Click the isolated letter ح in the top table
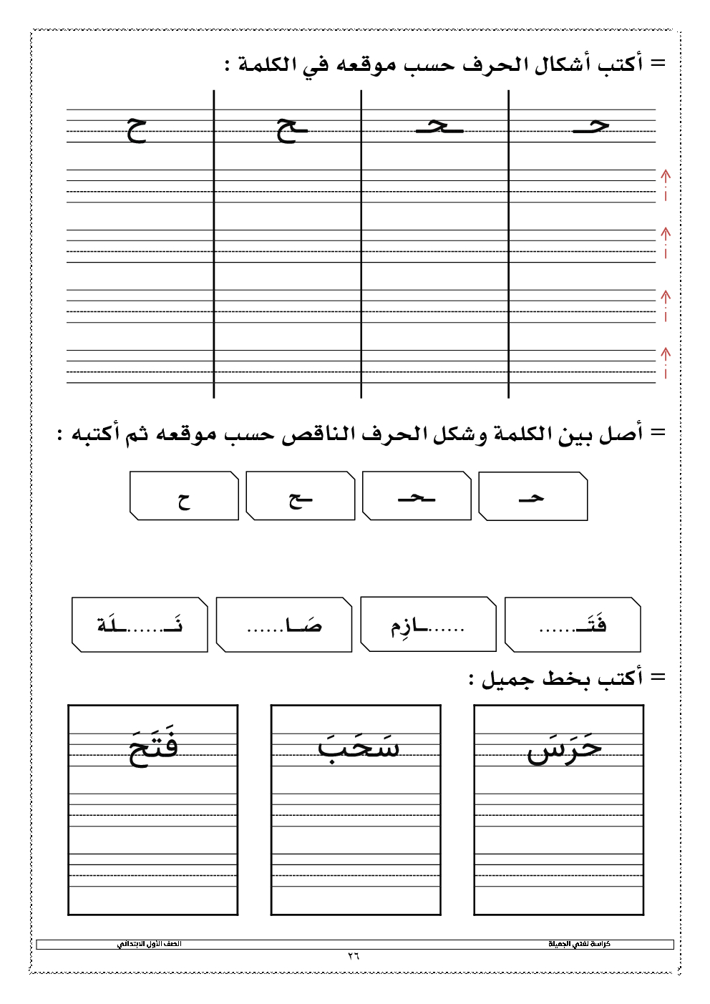coord(137,130)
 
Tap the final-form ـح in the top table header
coord(292,130)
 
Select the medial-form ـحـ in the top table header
coord(439,127)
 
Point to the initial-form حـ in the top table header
coord(591,127)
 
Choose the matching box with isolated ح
coord(184,497)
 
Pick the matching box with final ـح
coord(300,497)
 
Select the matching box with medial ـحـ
coord(417,497)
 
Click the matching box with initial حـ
coord(532,497)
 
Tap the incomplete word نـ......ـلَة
coord(140,625)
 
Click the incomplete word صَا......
coord(284,625)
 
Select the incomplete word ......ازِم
coord(428,625)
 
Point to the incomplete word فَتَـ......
coord(573,625)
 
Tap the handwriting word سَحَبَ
coord(358,746)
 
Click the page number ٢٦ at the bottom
coord(354,956)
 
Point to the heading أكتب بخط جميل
coord(563,678)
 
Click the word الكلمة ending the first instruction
coord(267,65)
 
